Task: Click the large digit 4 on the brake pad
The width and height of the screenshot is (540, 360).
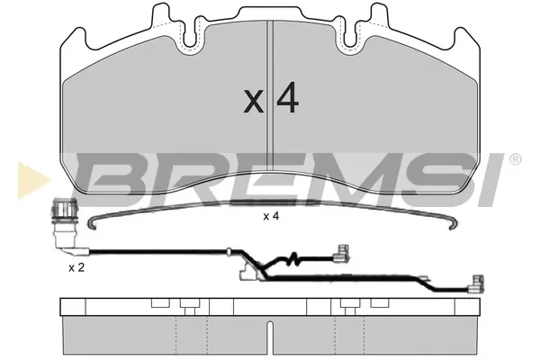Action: [288, 98]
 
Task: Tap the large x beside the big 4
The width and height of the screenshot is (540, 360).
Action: [254, 102]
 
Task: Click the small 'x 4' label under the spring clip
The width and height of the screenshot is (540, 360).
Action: [271, 216]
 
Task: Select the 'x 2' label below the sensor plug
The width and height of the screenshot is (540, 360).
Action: [76, 267]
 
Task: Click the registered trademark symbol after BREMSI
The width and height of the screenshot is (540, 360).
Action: [515, 159]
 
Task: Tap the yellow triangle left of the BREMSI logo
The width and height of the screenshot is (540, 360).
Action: [32, 180]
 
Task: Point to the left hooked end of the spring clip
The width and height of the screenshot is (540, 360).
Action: [93, 224]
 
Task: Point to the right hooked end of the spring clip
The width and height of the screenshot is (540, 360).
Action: [453, 223]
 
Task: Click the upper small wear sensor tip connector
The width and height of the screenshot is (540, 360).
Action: [342, 253]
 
